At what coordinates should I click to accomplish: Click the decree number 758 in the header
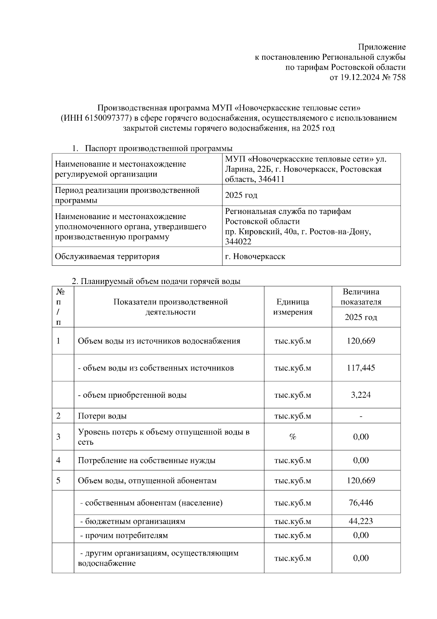point(399,77)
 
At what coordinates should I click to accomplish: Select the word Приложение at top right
point(382,47)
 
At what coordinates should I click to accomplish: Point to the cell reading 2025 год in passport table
point(241,195)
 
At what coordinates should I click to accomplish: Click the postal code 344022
point(238,241)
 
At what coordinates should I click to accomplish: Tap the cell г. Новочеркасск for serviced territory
point(255,256)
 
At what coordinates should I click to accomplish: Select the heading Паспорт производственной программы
point(159,148)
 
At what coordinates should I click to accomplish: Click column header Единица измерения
point(293,307)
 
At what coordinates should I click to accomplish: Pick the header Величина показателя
point(361,297)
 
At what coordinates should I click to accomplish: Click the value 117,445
point(361,368)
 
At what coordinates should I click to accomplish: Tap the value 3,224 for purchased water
point(361,395)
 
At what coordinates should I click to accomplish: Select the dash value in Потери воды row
point(361,416)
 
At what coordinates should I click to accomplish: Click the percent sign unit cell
point(293,437)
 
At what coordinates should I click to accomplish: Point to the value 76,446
point(361,503)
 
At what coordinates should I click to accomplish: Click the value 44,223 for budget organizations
point(361,521)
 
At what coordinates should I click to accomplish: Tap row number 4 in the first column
point(58,460)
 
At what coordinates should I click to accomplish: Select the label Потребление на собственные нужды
point(147,460)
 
